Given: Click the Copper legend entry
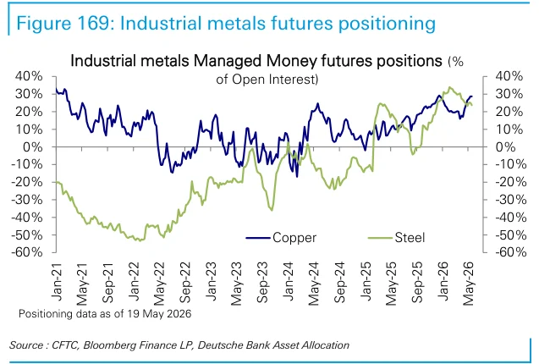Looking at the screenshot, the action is pos(281,237).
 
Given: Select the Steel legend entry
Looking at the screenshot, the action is pos(396,237).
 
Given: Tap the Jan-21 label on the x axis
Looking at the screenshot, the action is pos(57,281).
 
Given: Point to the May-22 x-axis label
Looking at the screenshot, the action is pos(159,284).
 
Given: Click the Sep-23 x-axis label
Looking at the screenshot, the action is pos(262,283).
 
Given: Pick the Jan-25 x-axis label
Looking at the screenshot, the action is pos(366,281).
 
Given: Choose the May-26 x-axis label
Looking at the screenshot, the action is pos(469,284).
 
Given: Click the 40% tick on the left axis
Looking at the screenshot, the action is pos(29,76).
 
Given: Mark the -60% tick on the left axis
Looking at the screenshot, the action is pos(27,252).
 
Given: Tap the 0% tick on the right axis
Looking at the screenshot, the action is pos(505,147).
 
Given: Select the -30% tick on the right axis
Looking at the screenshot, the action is pos(511,200).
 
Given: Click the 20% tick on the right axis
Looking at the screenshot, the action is pos(509,112).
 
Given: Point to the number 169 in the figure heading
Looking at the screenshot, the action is pos(91,24).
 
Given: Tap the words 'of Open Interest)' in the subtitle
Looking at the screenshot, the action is pos(267,80).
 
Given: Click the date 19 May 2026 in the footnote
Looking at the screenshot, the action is pos(159,314).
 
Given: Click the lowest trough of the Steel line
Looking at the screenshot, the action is pos(140,240).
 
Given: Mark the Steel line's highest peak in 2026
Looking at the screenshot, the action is pos(449,87).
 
